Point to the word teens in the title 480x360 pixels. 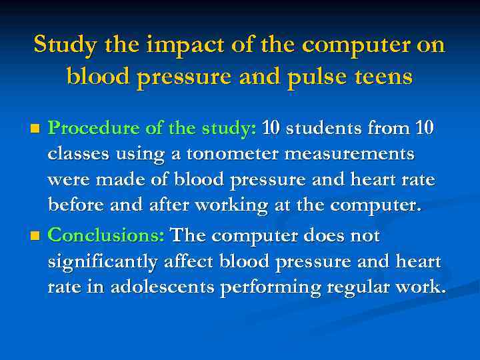(385, 77)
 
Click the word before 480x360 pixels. (71, 205)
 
